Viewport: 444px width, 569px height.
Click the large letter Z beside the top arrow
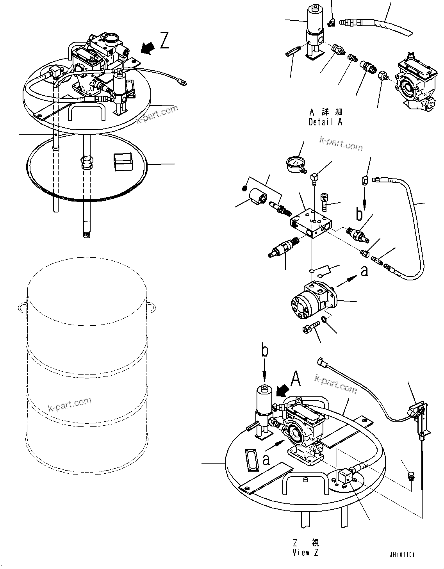165,41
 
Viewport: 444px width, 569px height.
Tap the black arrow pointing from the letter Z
147,48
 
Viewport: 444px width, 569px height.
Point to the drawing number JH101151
401,555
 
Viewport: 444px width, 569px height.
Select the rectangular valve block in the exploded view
311,224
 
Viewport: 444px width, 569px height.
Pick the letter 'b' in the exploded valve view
359,214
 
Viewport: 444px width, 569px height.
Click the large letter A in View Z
296,378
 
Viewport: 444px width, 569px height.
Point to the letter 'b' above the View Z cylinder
265,351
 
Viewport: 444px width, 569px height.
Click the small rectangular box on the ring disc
123,162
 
